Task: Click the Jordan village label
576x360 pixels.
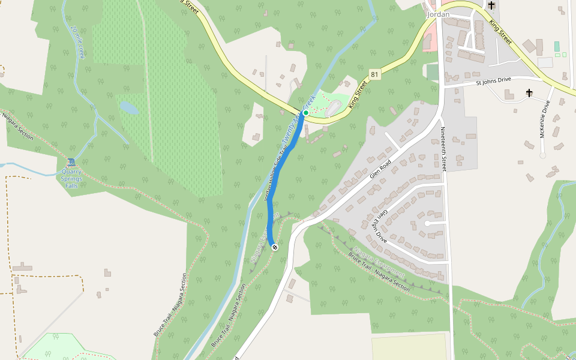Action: (437, 14)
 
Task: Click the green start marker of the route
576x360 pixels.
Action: (305, 113)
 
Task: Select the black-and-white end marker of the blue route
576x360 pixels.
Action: (275, 247)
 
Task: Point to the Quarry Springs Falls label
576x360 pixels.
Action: (71, 178)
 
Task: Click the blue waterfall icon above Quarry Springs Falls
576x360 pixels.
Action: (71, 162)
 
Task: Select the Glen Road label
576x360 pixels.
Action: (380, 168)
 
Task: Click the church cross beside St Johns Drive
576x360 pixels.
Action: (529, 93)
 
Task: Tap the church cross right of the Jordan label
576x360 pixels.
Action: (491, 5)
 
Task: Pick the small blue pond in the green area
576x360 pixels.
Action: (128, 108)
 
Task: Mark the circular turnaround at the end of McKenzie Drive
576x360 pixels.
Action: (542, 155)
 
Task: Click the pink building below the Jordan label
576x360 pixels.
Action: (429, 41)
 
